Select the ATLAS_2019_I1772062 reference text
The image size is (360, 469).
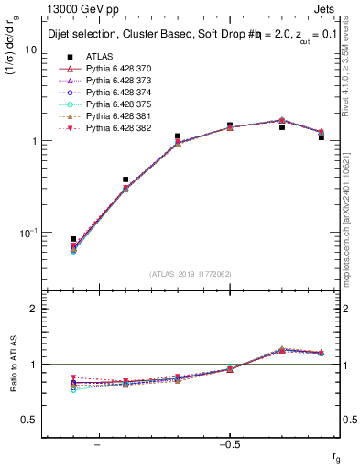(x=191, y=274)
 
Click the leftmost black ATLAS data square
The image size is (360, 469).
(x=73, y=239)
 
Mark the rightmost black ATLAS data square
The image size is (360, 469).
(x=322, y=136)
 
